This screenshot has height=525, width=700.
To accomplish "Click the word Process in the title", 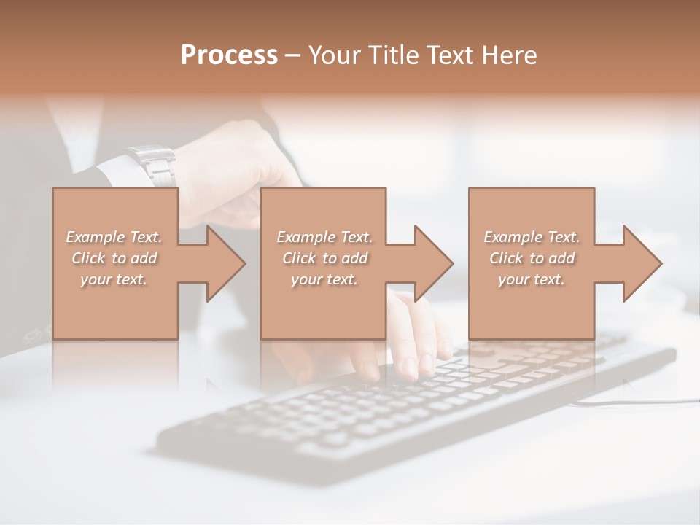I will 229,55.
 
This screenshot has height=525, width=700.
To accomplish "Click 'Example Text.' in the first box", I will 114,237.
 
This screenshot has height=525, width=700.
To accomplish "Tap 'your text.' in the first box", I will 114,279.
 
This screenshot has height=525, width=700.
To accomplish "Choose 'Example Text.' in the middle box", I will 324,237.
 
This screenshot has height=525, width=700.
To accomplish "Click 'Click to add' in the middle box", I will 324,258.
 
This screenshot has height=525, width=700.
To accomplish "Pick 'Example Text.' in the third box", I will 532,237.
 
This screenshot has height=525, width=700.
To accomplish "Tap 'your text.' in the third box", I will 532,279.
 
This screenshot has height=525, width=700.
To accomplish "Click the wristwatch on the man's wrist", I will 153,165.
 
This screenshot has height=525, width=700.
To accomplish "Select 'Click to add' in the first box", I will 114,258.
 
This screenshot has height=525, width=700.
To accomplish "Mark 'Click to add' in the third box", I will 532,258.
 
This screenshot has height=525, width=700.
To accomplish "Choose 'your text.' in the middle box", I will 324,279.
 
